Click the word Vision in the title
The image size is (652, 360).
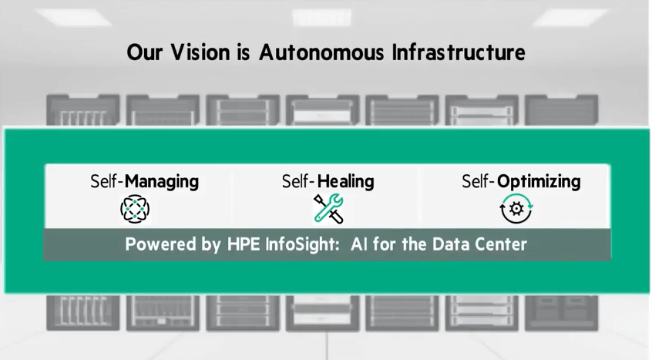pyautogui.click(x=200, y=52)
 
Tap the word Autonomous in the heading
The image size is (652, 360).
pyautogui.click(x=321, y=52)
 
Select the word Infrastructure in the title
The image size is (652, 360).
pyautogui.click(x=459, y=52)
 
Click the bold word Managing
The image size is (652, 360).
pyautogui.click(x=162, y=182)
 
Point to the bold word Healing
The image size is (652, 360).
pyautogui.click(x=345, y=182)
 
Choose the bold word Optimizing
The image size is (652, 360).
pyautogui.click(x=539, y=182)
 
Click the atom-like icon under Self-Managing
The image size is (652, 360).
pyautogui.click(x=135, y=209)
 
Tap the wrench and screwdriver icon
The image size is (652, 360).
pyautogui.click(x=328, y=209)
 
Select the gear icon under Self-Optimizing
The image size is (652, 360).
pyautogui.click(x=516, y=209)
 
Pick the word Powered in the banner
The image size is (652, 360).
pyautogui.click(x=161, y=244)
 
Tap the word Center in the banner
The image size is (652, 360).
pyautogui.click(x=501, y=244)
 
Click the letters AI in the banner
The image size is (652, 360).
pyautogui.click(x=359, y=244)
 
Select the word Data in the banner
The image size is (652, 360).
pyautogui.click(x=451, y=244)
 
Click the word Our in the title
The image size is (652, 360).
pyautogui.click(x=144, y=52)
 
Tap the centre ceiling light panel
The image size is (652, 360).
pyautogui.click(x=322, y=18)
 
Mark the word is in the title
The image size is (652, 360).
pyautogui.click(x=244, y=52)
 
